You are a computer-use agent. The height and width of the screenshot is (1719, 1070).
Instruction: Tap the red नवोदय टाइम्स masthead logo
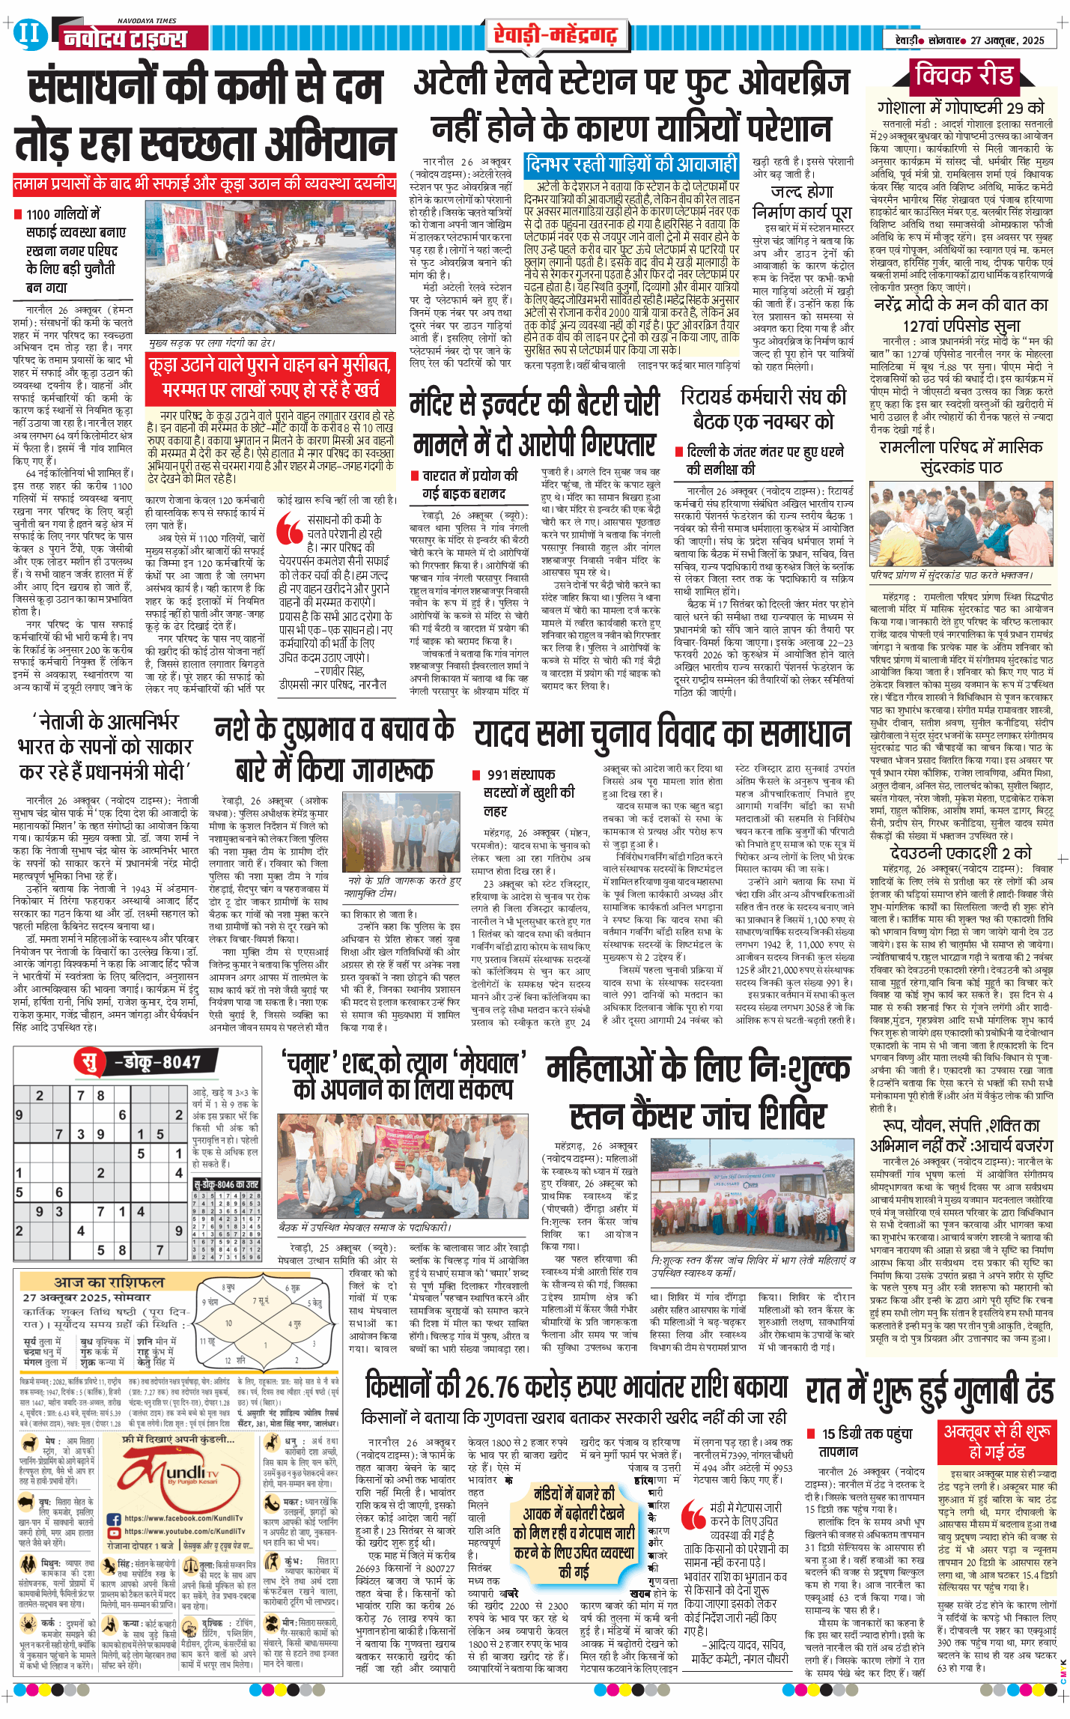124,38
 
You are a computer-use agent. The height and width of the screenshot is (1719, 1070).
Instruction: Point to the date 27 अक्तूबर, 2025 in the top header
1007,40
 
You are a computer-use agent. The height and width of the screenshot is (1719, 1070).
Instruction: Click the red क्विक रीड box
964,75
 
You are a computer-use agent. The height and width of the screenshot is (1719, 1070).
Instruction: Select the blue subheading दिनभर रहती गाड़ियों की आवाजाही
631,164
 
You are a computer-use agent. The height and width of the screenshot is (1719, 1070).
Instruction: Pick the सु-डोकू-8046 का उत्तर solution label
226,1184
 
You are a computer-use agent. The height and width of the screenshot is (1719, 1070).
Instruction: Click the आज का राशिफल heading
109,1282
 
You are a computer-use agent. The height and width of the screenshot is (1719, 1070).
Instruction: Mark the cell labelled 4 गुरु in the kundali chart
297,1324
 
